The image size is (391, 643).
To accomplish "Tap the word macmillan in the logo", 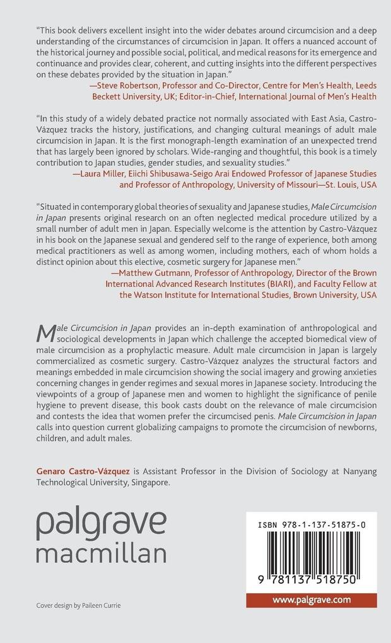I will [x=101, y=553].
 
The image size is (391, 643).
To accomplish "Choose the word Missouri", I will [x=289, y=185].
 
